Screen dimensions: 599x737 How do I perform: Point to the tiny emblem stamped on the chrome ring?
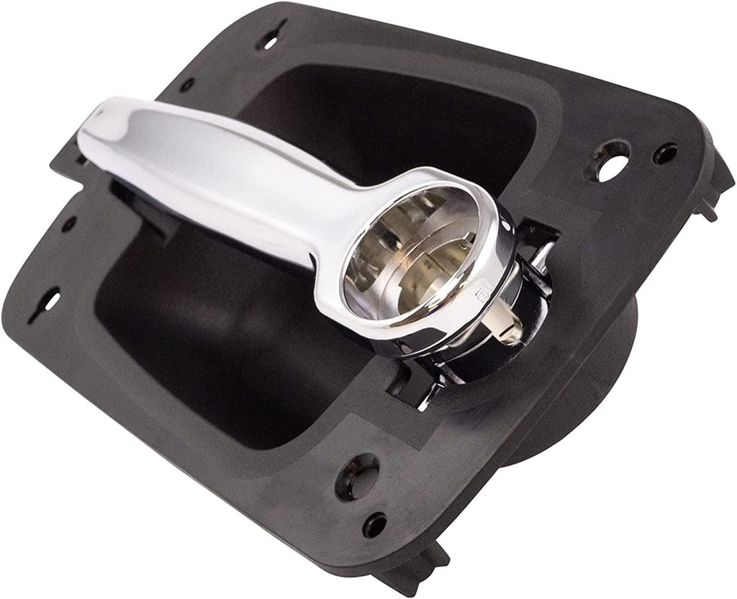[481, 296]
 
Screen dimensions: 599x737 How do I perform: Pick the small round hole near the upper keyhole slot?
[186, 84]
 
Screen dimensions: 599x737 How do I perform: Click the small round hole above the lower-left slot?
[69, 224]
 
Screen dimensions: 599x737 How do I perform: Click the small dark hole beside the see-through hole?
[665, 153]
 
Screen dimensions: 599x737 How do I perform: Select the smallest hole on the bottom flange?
[374, 524]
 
